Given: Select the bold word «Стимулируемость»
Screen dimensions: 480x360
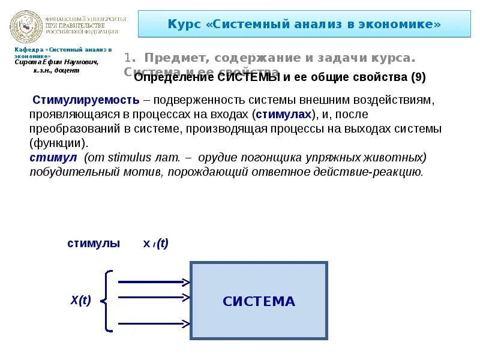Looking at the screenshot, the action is pyautogui.click(x=86, y=100).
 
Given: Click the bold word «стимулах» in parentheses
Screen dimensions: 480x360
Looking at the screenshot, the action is pyautogui.click(x=284, y=114).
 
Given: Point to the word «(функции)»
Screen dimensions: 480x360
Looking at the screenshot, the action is pyautogui.click(x=58, y=143).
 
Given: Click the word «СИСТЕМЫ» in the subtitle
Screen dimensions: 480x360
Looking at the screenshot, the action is pyautogui.click(x=247, y=77).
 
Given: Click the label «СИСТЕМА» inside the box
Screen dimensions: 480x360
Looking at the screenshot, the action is pyautogui.click(x=259, y=301).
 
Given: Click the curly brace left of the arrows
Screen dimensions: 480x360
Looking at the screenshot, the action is pyautogui.click(x=107, y=301).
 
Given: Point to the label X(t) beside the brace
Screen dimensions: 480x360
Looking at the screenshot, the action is pyautogui.click(x=80, y=301).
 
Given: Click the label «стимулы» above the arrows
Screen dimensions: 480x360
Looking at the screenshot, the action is pyautogui.click(x=94, y=244).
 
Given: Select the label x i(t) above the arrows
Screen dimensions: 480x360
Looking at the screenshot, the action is pyautogui.click(x=155, y=244).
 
